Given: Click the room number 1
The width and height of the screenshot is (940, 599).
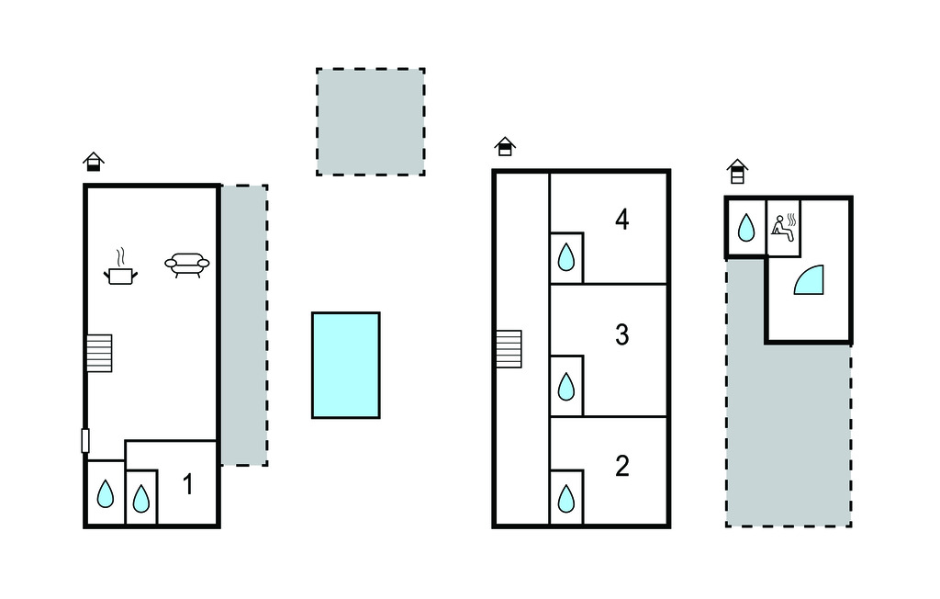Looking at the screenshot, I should pyautogui.click(x=188, y=484).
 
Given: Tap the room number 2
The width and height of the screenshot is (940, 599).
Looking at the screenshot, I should pyautogui.click(x=621, y=467).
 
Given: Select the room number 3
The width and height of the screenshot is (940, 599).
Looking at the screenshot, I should pyautogui.click(x=621, y=335).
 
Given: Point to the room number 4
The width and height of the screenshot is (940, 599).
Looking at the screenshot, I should pyautogui.click(x=621, y=220).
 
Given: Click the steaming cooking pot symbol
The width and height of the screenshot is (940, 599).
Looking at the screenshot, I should pyautogui.click(x=121, y=267).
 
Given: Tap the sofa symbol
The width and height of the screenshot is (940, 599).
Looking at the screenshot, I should pyautogui.click(x=187, y=265).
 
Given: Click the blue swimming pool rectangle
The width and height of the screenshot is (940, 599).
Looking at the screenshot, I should pyautogui.click(x=346, y=365).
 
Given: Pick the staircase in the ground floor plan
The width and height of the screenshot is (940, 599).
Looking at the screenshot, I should pyautogui.click(x=99, y=353).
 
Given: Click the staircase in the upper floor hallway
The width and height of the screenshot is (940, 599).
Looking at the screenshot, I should pyautogui.click(x=509, y=349).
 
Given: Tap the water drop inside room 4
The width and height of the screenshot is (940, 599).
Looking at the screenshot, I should pyautogui.click(x=567, y=256).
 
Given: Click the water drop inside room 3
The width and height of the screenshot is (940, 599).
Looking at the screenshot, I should pyautogui.click(x=567, y=386).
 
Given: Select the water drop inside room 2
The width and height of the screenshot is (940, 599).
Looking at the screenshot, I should pyautogui.click(x=567, y=499).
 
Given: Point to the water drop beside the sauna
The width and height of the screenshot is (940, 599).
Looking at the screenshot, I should pyautogui.click(x=746, y=227).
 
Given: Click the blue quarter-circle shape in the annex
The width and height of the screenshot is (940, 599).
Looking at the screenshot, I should pyautogui.click(x=811, y=281).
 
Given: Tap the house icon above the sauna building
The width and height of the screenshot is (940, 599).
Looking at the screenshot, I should pyautogui.click(x=737, y=171).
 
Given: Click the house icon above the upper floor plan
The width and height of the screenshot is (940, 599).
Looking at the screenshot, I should pyautogui.click(x=505, y=146).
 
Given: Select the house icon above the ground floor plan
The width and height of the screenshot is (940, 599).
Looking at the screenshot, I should pyautogui.click(x=93, y=162).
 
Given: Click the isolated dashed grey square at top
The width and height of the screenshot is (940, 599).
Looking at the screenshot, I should pyautogui.click(x=371, y=121).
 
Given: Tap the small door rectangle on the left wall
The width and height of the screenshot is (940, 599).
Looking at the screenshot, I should pyautogui.click(x=85, y=441).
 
